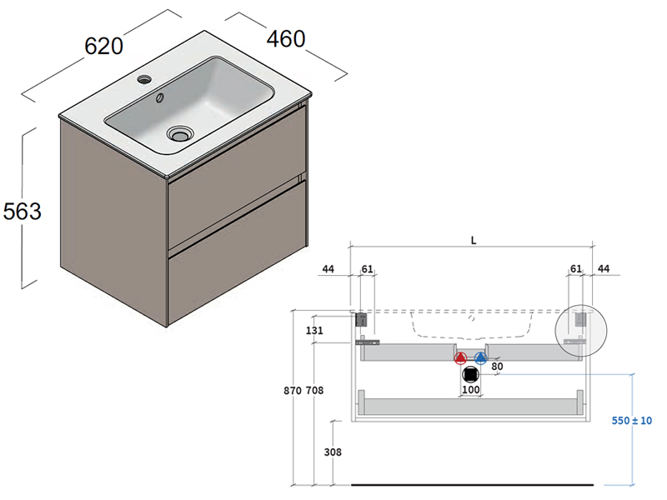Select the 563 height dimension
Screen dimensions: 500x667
click(22, 212)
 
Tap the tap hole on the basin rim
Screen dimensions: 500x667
click(144, 80)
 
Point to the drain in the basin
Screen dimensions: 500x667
click(179, 132)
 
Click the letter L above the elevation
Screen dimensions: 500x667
click(473, 241)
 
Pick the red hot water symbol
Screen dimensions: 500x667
click(460, 359)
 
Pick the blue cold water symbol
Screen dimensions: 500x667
click(480, 359)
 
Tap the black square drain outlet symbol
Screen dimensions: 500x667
click(470, 374)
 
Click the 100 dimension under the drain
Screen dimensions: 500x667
click(471, 390)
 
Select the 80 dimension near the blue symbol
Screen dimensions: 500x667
click(497, 365)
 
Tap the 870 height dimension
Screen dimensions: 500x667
click(292, 390)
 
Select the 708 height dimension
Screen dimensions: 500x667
click(314, 390)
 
